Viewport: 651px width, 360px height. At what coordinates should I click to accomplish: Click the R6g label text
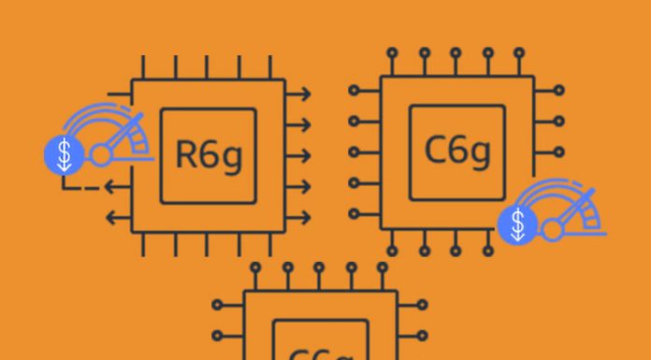click(x=208, y=154)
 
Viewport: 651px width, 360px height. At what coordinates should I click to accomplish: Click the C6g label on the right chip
click(x=456, y=151)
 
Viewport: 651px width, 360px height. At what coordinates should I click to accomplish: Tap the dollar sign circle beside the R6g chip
click(x=64, y=155)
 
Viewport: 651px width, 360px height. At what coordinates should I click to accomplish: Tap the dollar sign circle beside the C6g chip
click(x=517, y=225)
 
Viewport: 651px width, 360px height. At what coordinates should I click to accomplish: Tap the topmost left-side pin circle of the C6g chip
click(x=354, y=91)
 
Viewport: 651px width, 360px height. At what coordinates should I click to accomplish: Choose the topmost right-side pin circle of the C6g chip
click(x=559, y=91)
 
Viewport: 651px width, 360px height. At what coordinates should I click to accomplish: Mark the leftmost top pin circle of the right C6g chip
click(x=393, y=52)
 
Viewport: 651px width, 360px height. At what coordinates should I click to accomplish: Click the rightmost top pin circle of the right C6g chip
click(x=519, y=52)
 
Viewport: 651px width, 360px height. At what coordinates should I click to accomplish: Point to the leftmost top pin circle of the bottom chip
click(x=255, y=266)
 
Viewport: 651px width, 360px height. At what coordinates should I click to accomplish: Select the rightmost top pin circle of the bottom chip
click(x=382, y=266)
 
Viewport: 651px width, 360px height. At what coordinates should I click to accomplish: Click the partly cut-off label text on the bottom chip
click(x=320, y=354)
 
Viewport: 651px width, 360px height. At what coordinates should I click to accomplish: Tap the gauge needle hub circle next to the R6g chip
click(x=100, y=154)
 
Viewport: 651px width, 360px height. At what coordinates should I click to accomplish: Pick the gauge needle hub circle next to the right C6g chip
click(x=553, y=225)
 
